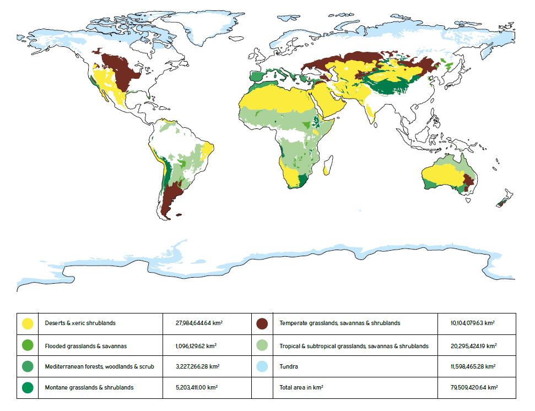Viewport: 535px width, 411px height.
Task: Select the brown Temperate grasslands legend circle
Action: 262,323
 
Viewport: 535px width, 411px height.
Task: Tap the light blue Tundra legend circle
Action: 262,366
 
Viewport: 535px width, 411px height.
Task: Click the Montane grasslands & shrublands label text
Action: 89,387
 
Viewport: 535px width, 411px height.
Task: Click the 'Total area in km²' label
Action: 301,387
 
